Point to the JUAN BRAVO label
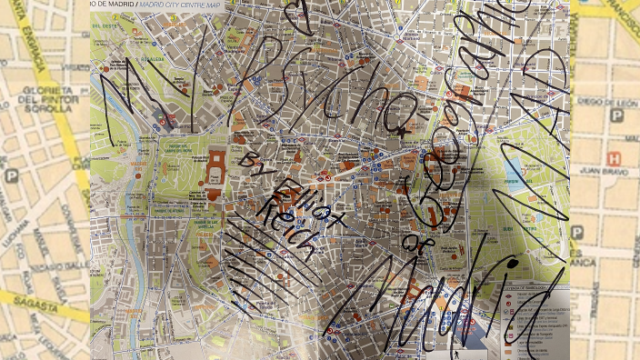(604, 168)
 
